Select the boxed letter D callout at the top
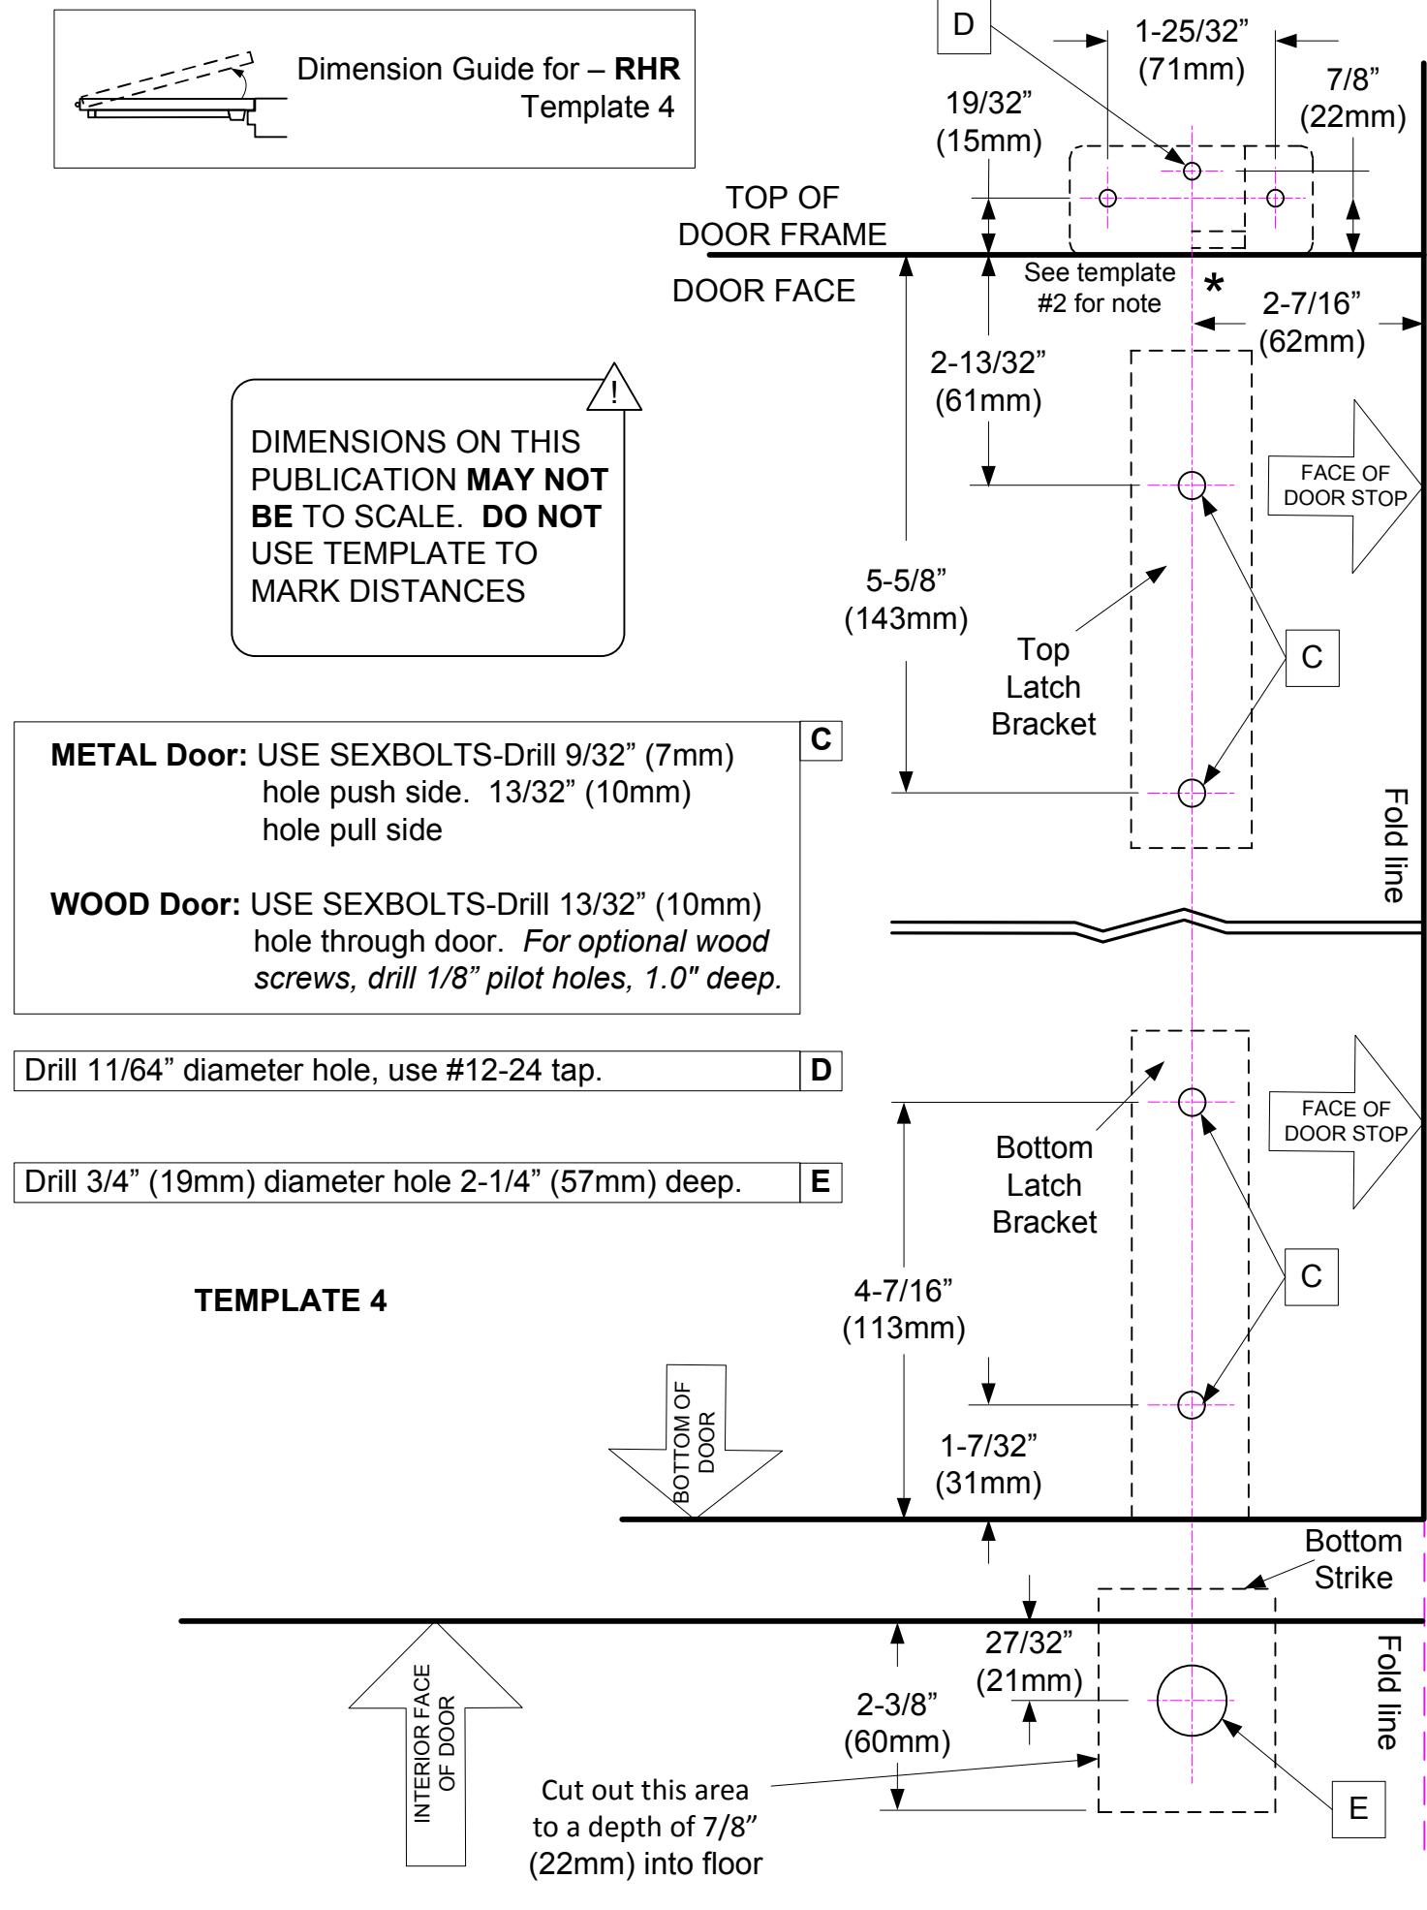point(963,25)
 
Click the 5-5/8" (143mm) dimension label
point(906,600)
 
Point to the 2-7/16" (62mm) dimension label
point(1312,324)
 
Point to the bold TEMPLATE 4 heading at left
point(291,1301)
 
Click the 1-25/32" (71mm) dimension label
point(1192,50)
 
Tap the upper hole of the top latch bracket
point(1192,484)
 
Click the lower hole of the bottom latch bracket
point(1192,1403)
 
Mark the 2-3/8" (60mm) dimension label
point(897,1724)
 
